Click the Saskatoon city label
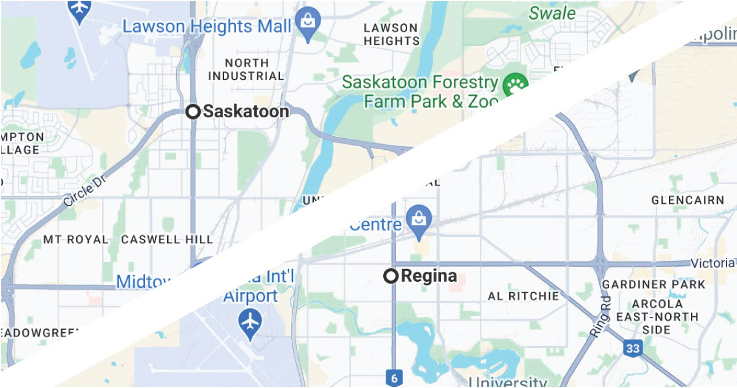click(x=246, y=112)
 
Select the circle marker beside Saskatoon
click(x=193, y=112)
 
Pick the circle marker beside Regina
click(x=391, y=276)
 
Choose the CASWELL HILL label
click(x=167, y=239)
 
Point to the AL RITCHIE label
click(x=523, y=296)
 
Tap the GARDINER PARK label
click(x=653, y=285)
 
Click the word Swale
click(x=552, y=13)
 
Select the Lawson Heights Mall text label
click(x=206, y=26)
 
